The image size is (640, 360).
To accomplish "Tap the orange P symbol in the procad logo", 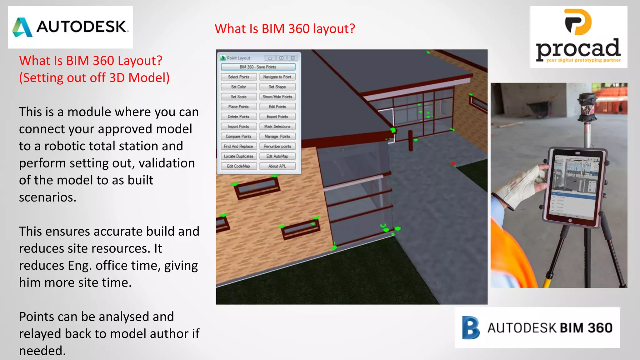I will pos(578,22).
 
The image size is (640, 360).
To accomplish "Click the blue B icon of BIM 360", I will pos(471,328).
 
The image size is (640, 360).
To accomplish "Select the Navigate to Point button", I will pos(277,77).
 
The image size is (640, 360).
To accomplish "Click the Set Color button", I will pos(238,87).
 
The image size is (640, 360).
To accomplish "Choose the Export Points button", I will pos(277,117).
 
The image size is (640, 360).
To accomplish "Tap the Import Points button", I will pos(238,127).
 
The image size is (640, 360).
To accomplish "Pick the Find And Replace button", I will pos(238,146).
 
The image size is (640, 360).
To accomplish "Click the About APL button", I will pos(277,166).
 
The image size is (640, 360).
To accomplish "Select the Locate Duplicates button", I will pos(238,156).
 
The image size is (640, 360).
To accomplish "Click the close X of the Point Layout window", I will pos(292,58).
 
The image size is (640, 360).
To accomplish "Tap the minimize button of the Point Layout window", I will pos(270,58).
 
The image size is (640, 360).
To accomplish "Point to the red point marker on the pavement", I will pos(453,164).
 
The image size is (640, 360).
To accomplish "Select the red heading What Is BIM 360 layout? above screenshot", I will pos(285,29).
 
